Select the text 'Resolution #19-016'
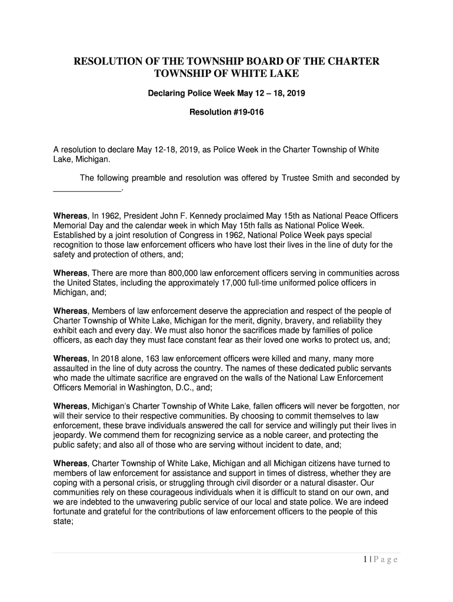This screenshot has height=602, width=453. tap(226, 112)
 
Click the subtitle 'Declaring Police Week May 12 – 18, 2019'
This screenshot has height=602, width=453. tap(226, 93)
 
